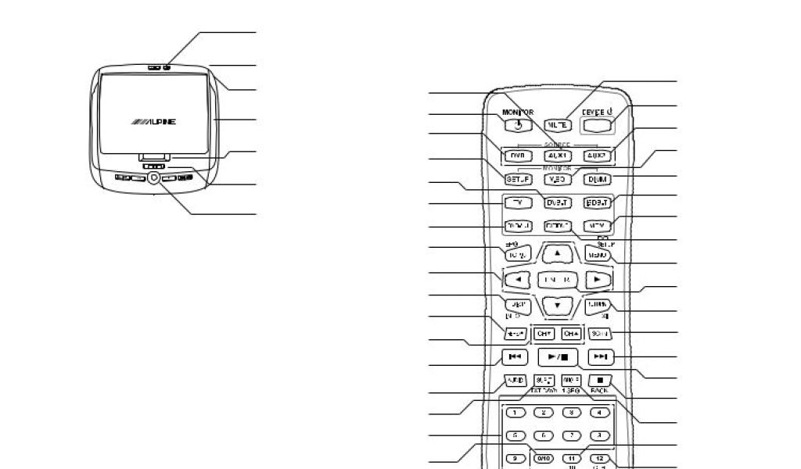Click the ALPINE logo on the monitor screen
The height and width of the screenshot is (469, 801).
pyautogui.click(x=154, y=123)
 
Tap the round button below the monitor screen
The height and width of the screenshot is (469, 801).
pyautogui.click(x=153, y=177)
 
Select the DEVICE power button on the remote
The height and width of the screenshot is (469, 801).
pyautogui.click(x=598, y=123)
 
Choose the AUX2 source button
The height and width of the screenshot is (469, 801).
pyautogui.click(x=598, y=156)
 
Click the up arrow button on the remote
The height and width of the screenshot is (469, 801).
pyautogui.click(x=557, y=253)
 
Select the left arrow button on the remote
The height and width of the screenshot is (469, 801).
pyautogui.click(x=515, y=278)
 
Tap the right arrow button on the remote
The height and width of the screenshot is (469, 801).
pyautogui.click(x=597, y=278)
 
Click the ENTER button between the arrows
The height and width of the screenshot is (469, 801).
pyautogui.click(x=557, y=279)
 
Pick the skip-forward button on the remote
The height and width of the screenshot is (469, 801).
pyautogui.click(x=598, y=357)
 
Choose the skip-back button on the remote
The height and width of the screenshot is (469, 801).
pyautogui.click(x=515, y=357)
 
